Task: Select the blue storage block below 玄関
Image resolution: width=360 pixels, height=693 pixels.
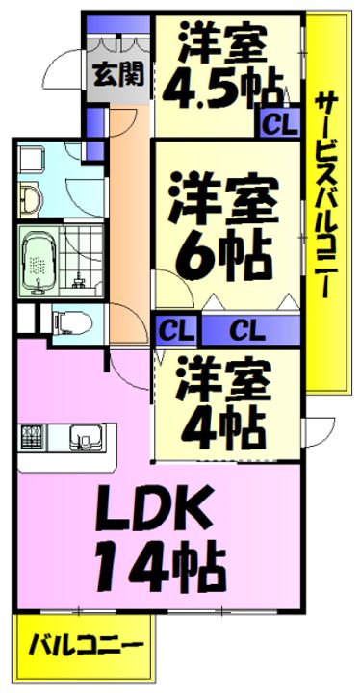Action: [93, 120]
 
